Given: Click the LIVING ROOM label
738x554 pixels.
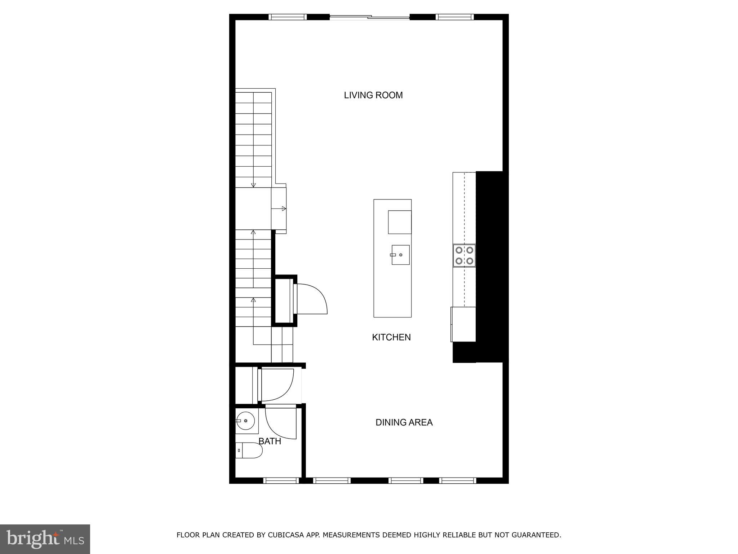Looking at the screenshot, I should pos(373,95).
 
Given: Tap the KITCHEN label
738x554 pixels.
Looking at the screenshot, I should pos(391,337).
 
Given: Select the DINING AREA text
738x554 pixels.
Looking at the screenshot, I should pos(404,422).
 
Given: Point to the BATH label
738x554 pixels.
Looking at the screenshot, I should pos(270,441).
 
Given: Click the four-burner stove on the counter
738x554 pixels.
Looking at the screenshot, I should pos(464,255).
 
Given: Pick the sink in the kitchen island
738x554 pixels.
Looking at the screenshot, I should pos(400,255).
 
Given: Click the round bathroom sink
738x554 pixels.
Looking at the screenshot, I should pos(246,421).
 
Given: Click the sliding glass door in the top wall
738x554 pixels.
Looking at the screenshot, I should pos(370,17).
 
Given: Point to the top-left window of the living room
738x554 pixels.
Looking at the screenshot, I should pos(288,17).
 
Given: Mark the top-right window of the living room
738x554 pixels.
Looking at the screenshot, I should pos(454,17).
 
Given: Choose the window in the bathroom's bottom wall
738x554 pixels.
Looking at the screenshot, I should pos(281,480).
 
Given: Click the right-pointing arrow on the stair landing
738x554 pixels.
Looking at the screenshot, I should pos(284,208).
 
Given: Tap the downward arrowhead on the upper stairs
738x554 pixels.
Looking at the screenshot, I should pos(253,185).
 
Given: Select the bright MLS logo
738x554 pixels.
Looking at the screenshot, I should pos(45,539).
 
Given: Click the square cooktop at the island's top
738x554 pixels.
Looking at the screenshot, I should pos(399,222).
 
